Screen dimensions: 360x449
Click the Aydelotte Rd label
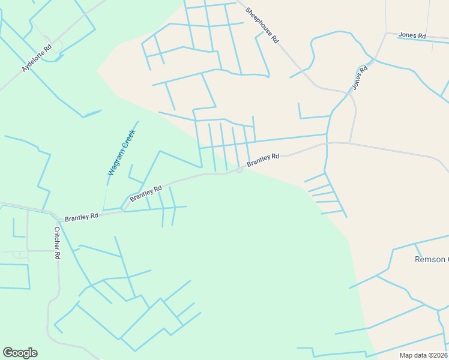[37, 58]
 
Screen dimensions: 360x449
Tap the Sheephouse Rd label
[263, 25]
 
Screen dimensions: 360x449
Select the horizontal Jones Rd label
[412, 36]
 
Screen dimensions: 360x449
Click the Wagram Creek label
[121, 152]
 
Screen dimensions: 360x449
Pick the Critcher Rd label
[58, 243]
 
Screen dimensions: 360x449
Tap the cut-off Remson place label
[432, 260]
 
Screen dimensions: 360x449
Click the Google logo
[20, 353]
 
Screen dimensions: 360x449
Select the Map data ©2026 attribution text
[423, 355]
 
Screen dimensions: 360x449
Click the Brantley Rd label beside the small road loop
[263, 159]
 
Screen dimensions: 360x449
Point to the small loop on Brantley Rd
[239, 170]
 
